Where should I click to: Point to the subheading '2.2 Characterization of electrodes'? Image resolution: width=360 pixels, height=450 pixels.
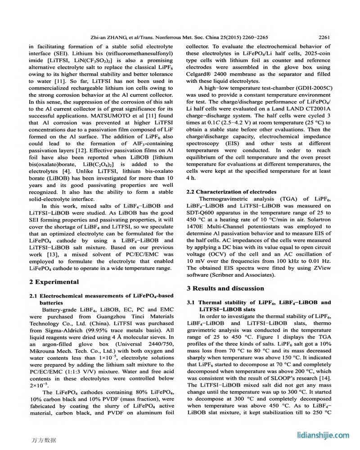(x=231, y=192)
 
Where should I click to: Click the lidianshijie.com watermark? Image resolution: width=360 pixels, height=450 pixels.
(x=323, y=435)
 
